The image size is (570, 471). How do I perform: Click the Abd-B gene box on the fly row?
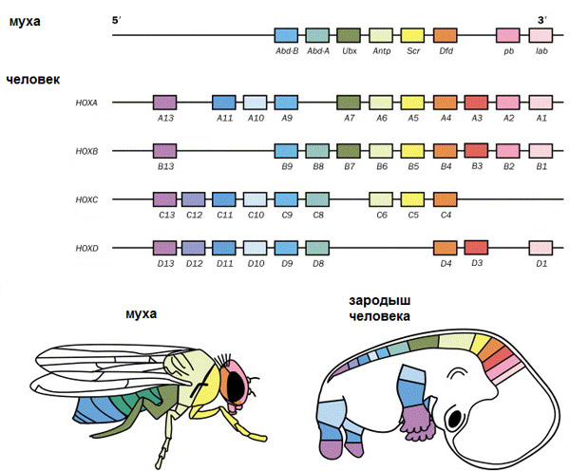(x=286, y=36)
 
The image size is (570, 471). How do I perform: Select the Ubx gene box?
(x=350, y=36)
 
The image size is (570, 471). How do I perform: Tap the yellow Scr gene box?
(x=412, y=36)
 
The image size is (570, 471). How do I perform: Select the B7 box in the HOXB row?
(x=350, y=150)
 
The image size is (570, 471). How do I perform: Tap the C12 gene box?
(x=194, y=199)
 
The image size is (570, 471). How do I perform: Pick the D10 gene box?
(x=255, y=248)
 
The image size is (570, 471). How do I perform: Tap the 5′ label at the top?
(x=117, y=19)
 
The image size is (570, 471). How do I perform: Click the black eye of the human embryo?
(x=457, y=418)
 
